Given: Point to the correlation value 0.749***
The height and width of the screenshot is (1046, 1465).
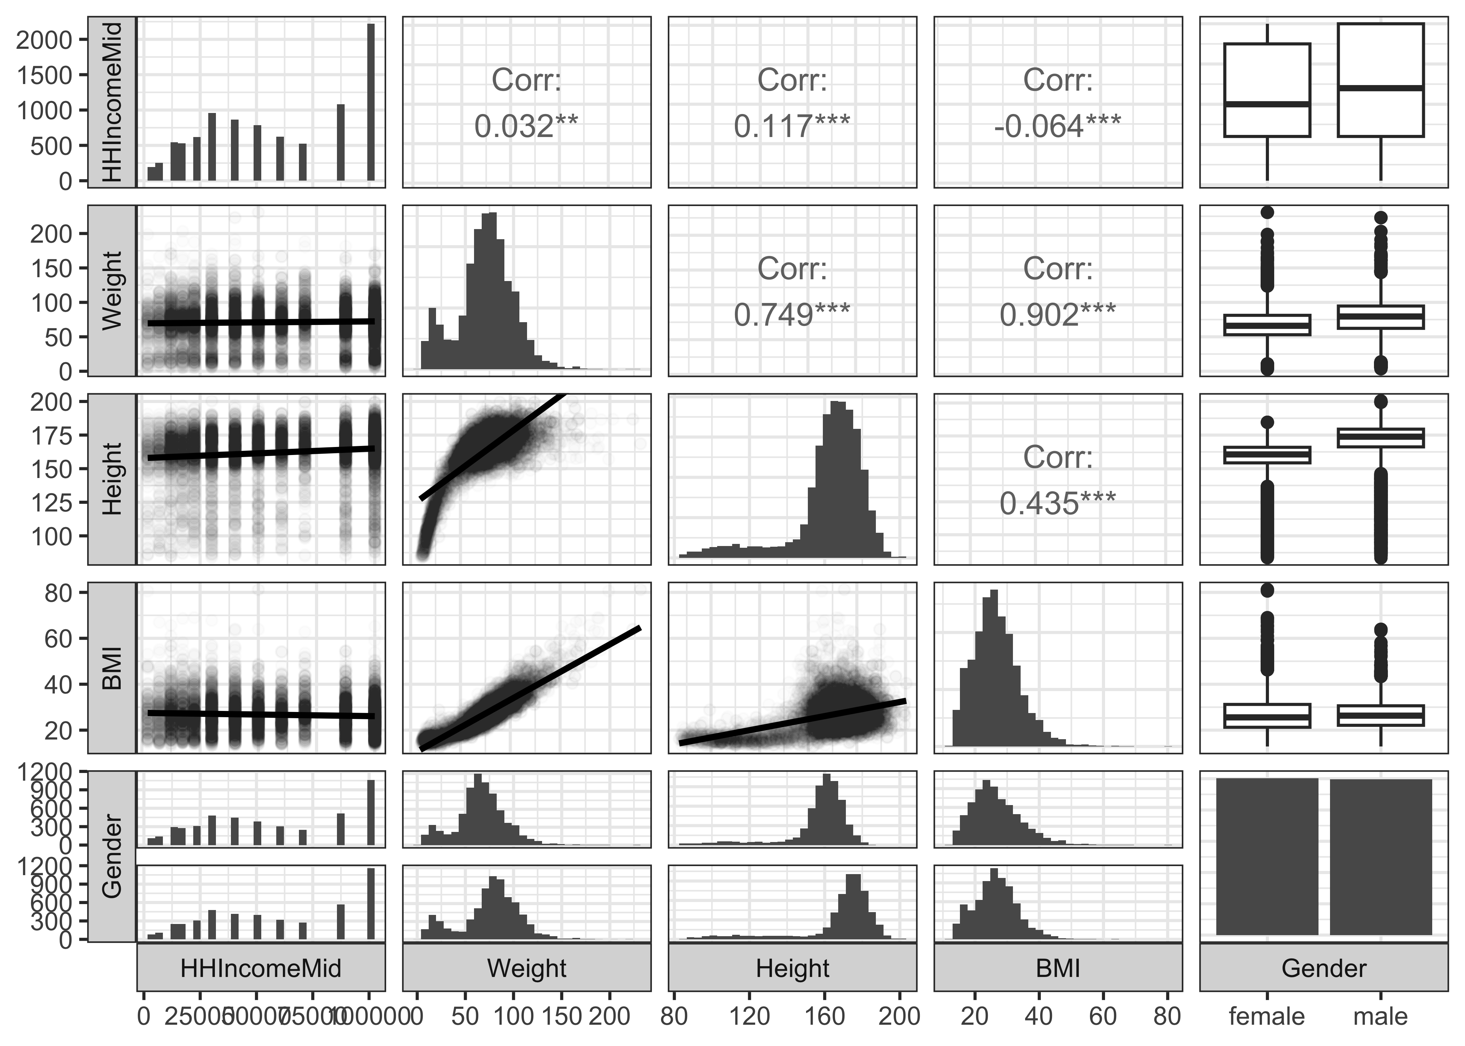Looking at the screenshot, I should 792,314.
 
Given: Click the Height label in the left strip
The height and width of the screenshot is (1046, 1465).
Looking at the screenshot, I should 112,479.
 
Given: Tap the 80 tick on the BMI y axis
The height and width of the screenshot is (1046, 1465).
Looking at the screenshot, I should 57,593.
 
